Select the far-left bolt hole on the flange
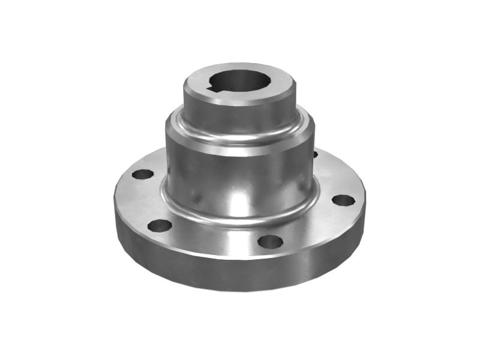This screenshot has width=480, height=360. point(143,175)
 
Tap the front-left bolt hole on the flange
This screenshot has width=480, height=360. point(160,226)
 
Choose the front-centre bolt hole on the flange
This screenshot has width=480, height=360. point(270,242)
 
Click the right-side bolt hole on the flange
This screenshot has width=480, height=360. point(343,200)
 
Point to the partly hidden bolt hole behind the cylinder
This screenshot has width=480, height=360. point(315,154)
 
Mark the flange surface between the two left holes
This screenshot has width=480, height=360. point(144,201)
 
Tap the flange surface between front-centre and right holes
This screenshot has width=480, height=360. point(312,225)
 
